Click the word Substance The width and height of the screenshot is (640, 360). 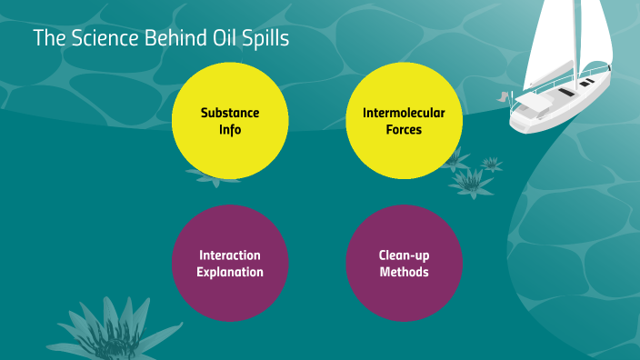(230, 114)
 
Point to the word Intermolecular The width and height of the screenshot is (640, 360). (405, 114)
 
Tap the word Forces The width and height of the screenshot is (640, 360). (405, 129)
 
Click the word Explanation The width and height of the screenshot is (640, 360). (231, 271)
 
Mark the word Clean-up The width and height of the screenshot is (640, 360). (405, 255)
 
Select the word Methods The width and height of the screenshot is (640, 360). (405, 271)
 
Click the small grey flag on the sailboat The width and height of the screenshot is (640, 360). (503, 95)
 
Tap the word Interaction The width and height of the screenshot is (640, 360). (231, 255)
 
